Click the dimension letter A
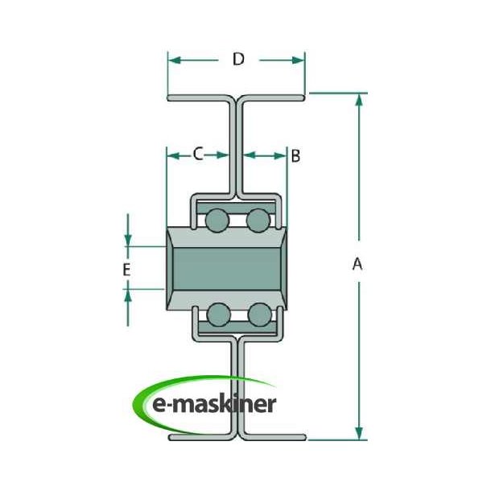click(357, 264)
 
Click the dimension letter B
click(295, 155)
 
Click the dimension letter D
click(237, 59)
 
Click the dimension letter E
click(126, 270)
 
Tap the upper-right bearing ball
click(258, 219)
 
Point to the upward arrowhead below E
click(129, 294)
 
